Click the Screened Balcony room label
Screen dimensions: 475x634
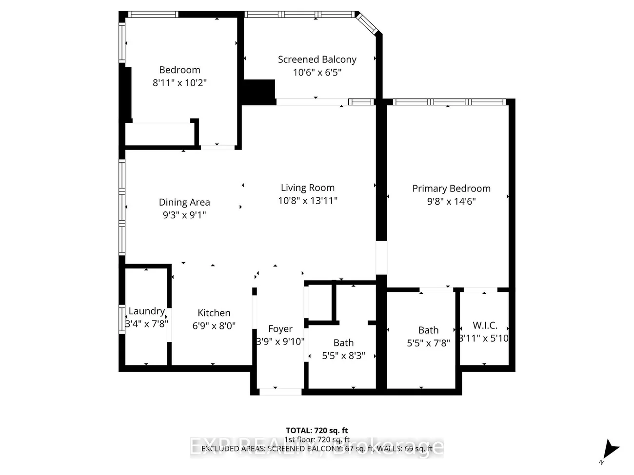[317, 59]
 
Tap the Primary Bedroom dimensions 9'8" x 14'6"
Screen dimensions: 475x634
[451, 201]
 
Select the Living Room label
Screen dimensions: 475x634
[307, 188]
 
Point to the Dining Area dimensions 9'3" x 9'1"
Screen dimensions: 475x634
[184, 215]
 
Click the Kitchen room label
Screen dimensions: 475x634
[214, 313]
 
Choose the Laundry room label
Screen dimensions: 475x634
[146, 311]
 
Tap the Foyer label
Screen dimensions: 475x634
[280, 329]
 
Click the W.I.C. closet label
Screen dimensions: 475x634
[485, 325]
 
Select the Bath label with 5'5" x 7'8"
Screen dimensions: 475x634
[428, 330]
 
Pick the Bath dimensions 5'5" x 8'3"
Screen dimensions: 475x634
[343, 356]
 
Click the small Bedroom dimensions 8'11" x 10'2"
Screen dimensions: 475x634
[179, 83]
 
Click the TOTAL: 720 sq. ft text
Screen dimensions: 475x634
[317, 430]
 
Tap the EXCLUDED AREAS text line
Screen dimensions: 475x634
[317, 448]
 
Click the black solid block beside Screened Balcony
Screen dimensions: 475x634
[259, 91]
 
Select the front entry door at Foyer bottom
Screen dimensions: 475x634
[280, 392]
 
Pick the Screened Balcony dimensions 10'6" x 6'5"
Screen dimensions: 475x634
[317, 73]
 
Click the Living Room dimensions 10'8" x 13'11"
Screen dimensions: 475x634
[307, 200]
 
